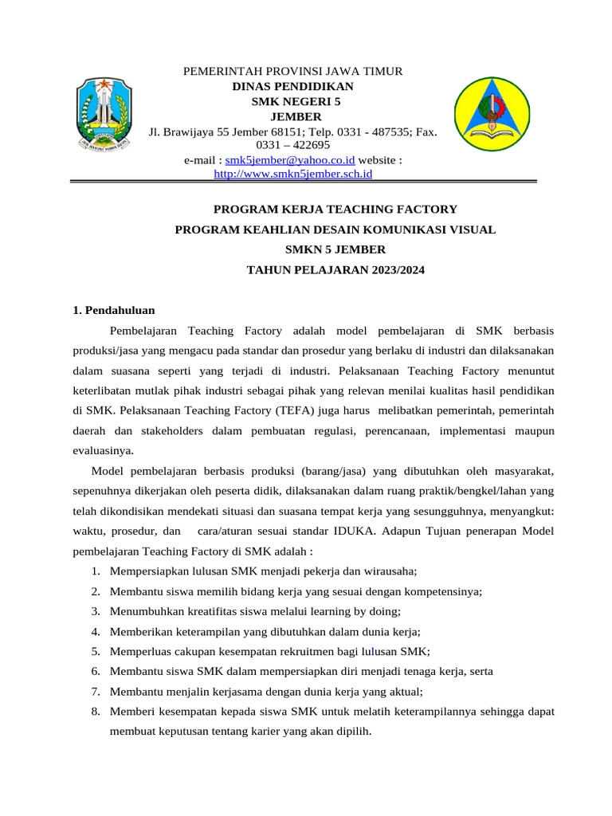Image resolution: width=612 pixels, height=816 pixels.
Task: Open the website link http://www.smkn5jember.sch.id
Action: coord(294,173)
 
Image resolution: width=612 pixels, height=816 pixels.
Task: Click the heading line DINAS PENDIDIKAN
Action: coord(293,86)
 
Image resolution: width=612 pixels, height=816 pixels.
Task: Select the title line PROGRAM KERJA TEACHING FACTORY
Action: coord(335,210)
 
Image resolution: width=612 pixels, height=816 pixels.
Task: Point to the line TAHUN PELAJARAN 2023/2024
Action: coord(335,270)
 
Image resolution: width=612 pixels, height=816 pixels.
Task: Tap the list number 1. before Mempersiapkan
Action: coord(95,571)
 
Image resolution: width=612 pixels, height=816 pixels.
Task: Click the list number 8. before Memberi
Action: coord(95,712)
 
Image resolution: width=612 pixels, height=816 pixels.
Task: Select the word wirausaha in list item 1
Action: coord(390,571)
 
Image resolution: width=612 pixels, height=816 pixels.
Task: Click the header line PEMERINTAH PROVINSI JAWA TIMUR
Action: coord(293,72)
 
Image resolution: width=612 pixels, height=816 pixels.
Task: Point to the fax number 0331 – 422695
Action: coord(292,145)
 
